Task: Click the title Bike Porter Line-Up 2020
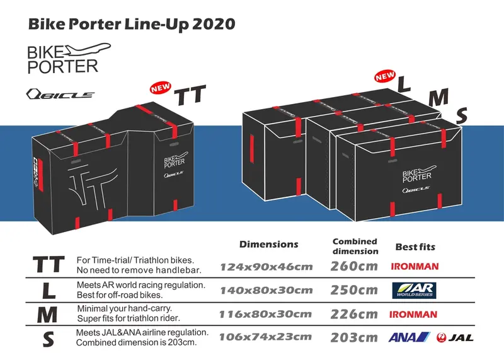click(x=132, y=25)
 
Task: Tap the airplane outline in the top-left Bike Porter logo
click(x=88, y=50)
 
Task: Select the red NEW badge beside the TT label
click(x=161, y=88)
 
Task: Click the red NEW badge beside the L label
click(x=385, y=76)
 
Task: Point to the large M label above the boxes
click(x=438, y=97)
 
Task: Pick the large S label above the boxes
click(x=462, y=116)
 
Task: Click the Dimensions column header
click(x=269, y=245)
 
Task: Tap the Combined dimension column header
click(x=355, y=246)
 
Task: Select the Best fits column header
click(x=415, y=247)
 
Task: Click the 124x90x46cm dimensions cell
click(x=266, y=267)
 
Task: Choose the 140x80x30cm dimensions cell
click(x=266, y=291)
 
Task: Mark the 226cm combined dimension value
click(x=354, y=314)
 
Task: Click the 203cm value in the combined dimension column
click(x=354, y=337)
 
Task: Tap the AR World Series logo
click(x=414, y=290)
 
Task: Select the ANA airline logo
click(x=409, y=337)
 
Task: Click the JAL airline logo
click(x=455, y=337)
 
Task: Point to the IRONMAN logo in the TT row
click(x=415, y=267)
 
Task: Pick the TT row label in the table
click(x=49, y=264)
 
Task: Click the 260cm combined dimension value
click(x=354, y=266)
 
